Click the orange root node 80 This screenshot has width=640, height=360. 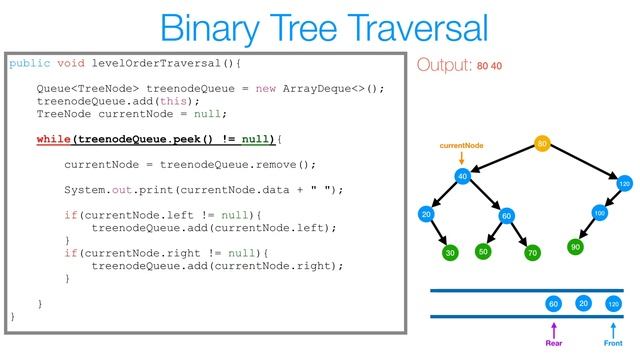click(x=542, y=145)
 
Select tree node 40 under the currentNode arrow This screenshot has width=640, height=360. click(x=462, y=177)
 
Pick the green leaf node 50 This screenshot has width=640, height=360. click(x=482, y=251)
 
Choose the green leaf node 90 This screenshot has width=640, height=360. click(x=575, y=246)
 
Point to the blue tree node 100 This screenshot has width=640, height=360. click(x=600, y=213)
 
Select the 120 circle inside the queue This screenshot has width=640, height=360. click(x=613, y=303)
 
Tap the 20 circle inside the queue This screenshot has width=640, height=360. click(x=583, y=302)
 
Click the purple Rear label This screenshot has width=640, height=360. click(x=553, y=342)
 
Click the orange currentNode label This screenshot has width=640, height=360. click(x=462, y=146)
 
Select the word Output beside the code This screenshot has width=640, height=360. click(x=443, y=66)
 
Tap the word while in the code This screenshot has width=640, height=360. click(x=54, y=137)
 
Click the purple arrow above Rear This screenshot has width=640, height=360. click(x=553, y=327)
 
